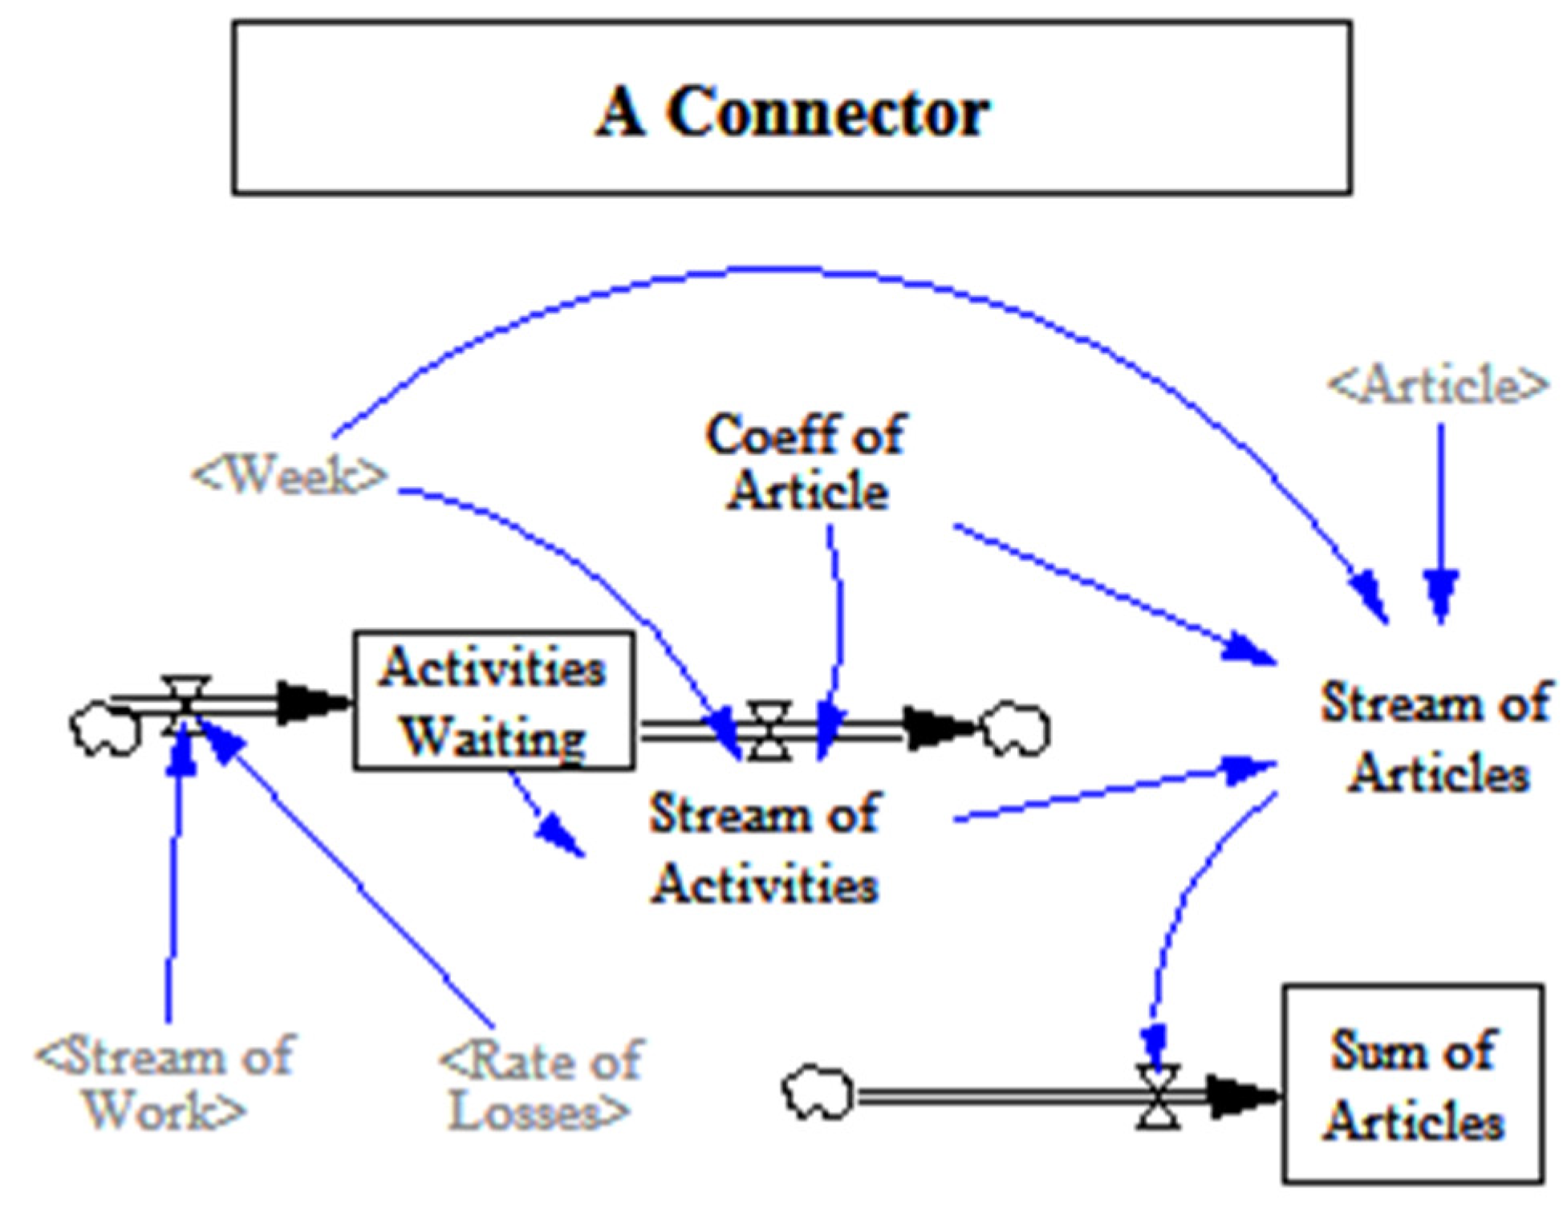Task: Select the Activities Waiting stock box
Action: (x=493, y=701)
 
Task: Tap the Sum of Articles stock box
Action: (x=1413, y=1084)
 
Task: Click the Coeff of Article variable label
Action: (x=806, y=462)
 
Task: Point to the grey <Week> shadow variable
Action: (x=290, y=477)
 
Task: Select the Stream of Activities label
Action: (x=764, y=847)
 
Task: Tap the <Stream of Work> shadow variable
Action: (x=165, y=1083)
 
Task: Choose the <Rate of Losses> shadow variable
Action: (x=542, y=1085)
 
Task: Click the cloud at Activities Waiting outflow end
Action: (x=1017, y=729)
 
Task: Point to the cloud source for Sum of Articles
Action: (x=818, y=1092)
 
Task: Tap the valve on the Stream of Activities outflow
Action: (x=769, y=730)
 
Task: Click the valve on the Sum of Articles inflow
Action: (x=1158, y=1097)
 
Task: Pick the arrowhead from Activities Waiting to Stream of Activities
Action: (x=559, y=836)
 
